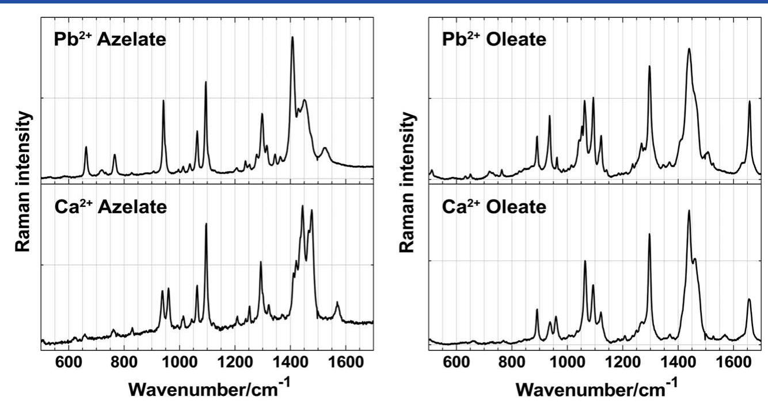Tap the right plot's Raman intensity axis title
408,182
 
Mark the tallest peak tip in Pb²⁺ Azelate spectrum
292,37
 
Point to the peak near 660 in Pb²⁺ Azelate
86,148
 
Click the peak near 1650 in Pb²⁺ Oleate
750,101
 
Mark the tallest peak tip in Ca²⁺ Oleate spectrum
689,211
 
